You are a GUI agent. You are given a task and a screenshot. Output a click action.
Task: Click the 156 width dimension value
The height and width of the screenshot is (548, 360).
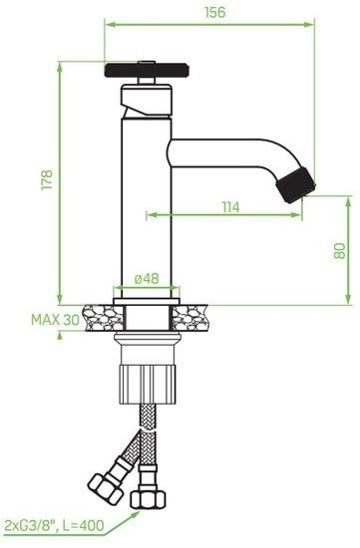coord(214,12)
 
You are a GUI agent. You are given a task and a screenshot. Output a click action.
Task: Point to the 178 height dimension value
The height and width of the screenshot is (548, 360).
coord(47,179)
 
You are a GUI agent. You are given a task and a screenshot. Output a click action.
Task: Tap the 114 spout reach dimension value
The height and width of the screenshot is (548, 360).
coord(231,207)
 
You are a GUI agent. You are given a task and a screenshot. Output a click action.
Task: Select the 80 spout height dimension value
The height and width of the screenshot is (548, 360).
coord(339,250)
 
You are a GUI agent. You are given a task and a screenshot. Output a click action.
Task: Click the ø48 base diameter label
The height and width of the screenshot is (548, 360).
coord(147,279)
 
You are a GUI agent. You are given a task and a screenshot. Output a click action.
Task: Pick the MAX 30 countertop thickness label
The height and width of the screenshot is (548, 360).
coord(55,320)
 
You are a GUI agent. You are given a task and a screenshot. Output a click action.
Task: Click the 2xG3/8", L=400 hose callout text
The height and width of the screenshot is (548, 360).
coord(54,525)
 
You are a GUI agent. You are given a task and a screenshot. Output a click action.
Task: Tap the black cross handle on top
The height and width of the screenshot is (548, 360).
coord(147,70)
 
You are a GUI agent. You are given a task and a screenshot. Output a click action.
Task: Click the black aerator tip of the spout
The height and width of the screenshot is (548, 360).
coord(296,185)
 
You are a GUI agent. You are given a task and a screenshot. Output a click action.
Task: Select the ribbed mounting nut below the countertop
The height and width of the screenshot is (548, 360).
coord(149,385)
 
